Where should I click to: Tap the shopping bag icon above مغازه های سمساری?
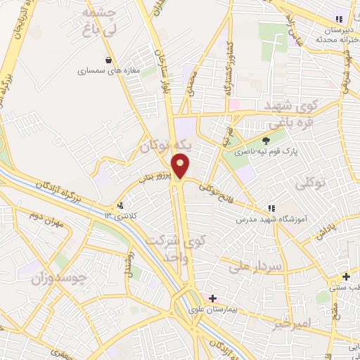(x=108, y=60)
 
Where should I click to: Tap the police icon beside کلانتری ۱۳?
(x=122, y=206)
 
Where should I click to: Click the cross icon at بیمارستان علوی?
(x=212, y=298)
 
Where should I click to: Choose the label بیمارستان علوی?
(x=213, y=309)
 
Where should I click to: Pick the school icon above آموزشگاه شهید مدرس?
(x=271, y=208)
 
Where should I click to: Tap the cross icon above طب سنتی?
(x=345, y=276)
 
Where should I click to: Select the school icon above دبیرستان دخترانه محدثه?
(x=339, y=20)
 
